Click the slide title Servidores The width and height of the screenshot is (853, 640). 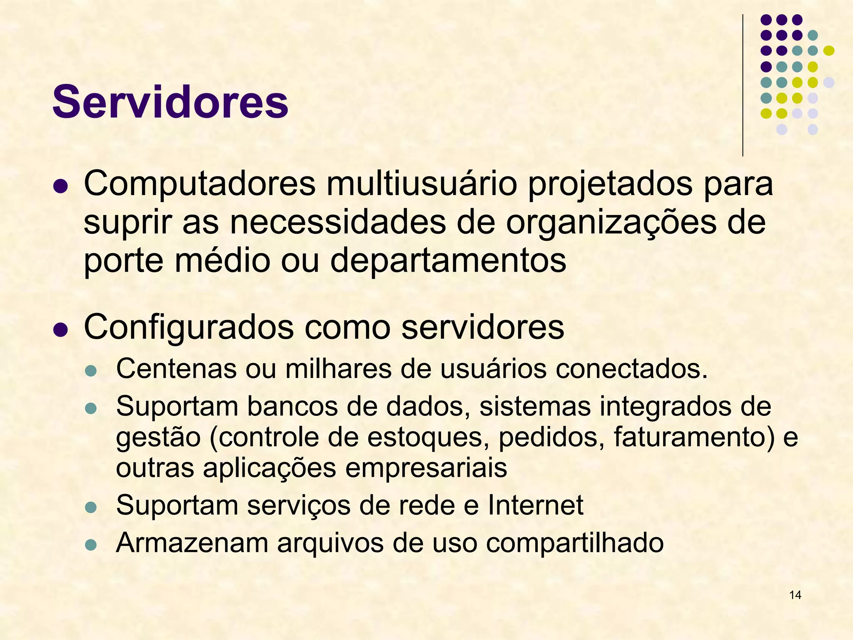(170, 102)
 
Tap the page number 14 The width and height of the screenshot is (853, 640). (795, 595)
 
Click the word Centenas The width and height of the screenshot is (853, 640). (176, 368)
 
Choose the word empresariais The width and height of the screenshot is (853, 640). (426, 467)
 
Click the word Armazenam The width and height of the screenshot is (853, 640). (192, 542)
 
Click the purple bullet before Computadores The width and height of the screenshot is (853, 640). (61, 186)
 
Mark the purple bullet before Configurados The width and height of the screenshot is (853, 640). (61, 330)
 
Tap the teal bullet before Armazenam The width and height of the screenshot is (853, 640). (90, 544)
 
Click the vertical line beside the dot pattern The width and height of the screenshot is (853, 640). (743, 85)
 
